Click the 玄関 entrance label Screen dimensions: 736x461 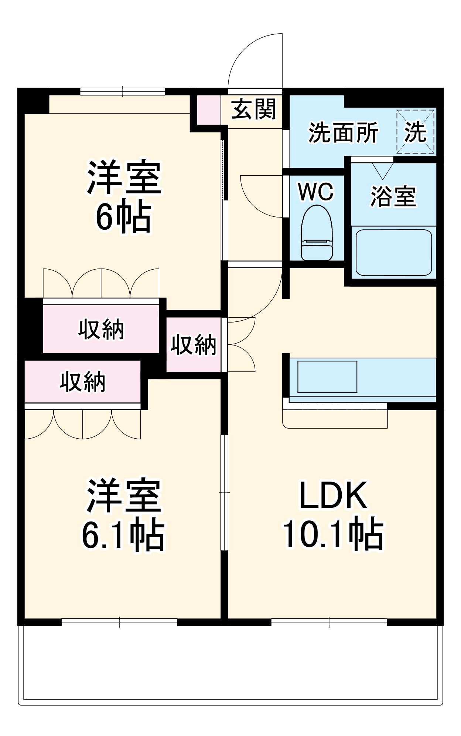point(254,109)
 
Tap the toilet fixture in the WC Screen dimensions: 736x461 point(317,233)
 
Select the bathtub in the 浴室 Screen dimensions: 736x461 point(393,253)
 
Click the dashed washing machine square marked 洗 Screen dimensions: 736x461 point(415,132)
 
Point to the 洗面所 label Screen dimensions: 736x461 point(343,133)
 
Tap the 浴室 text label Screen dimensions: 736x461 point(393,196)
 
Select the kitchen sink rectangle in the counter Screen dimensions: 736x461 point(327,377)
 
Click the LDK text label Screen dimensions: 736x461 point(333,495)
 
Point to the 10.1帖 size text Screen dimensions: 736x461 point(333,533)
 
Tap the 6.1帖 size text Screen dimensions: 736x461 point(123,536)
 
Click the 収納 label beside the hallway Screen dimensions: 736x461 point(193,345)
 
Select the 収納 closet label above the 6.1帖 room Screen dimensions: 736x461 point(83,382)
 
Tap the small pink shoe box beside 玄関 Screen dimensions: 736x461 point(209,110)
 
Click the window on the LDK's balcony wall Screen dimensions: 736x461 point(329,622)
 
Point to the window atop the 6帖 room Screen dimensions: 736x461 point(123,91)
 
